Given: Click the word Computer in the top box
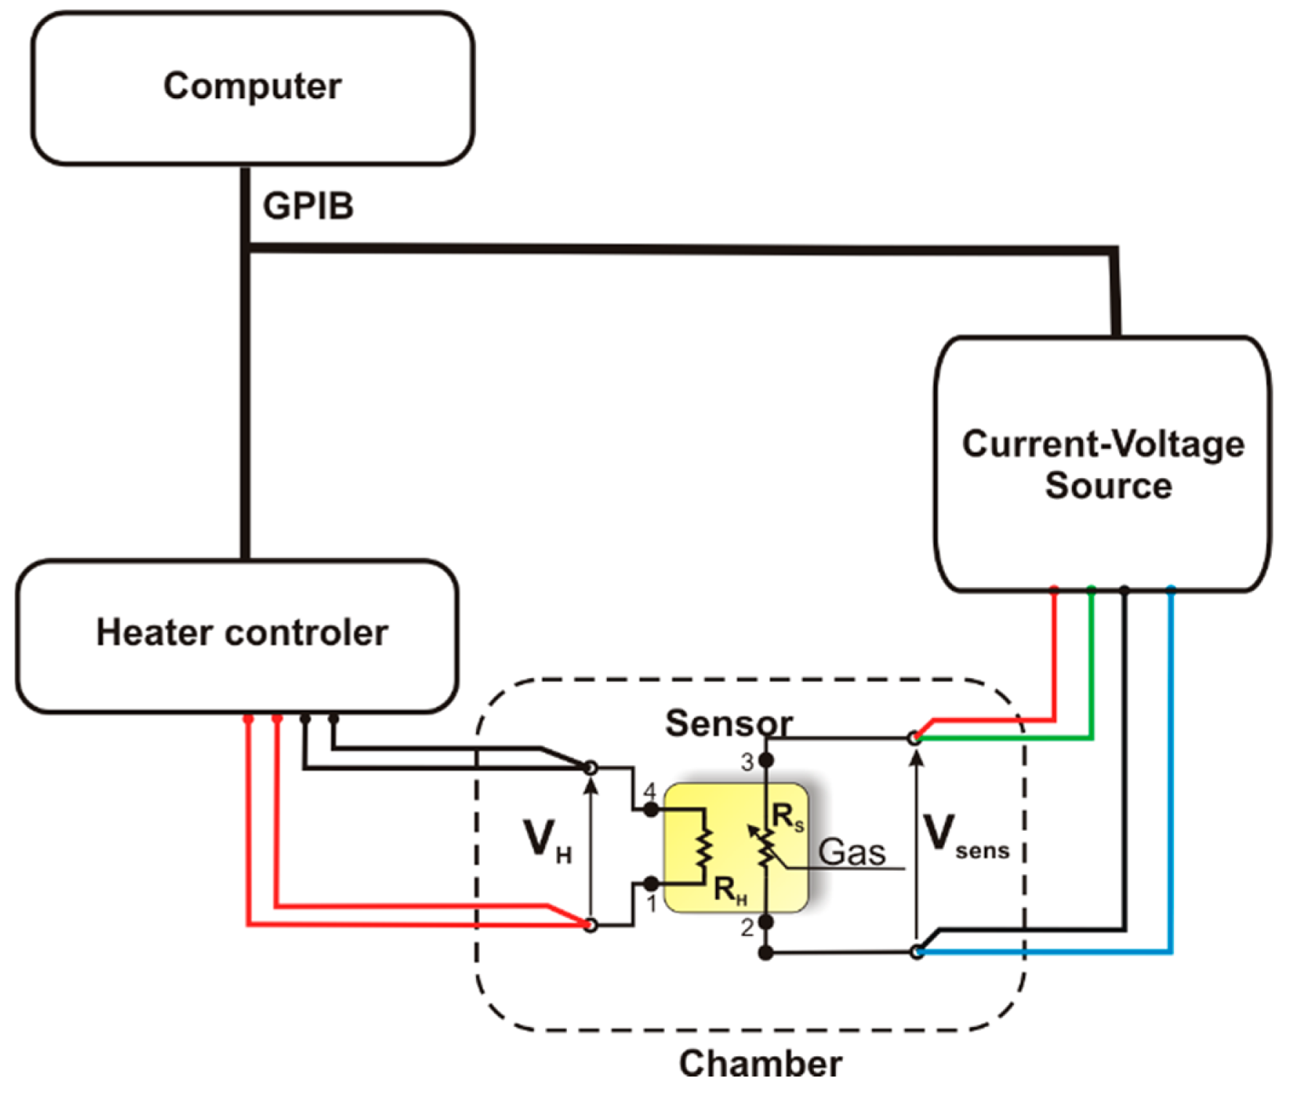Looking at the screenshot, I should [x=251, y=86].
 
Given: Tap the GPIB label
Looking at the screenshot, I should [x=307, y=206].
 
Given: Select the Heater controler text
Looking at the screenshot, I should [x=241, y=632].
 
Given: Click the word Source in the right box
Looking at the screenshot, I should [x=1108, y=485].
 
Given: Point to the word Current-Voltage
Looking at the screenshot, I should [x=1103, y=443].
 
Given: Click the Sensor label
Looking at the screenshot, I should [x=728, y=723].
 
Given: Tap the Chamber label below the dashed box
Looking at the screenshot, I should [x=760, y=1063].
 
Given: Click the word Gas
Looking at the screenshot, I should [x=851, y=852].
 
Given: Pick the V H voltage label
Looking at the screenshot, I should [x=547, y=841].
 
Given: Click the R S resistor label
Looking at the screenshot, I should [x=787, y=818].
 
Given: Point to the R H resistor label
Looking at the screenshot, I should [x=729, y=890].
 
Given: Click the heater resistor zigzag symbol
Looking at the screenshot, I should [x=703, y=847].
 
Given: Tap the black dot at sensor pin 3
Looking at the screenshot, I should [x=766, y=760].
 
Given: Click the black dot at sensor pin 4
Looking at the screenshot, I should [x=651, y=809].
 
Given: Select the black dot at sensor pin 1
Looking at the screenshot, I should [x=651, y=884].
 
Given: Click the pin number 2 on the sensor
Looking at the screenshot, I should [x=747, y=928].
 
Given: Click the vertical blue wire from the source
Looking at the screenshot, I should [x=1171, y=763].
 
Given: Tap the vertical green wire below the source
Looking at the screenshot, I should [x=1092, y=661].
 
